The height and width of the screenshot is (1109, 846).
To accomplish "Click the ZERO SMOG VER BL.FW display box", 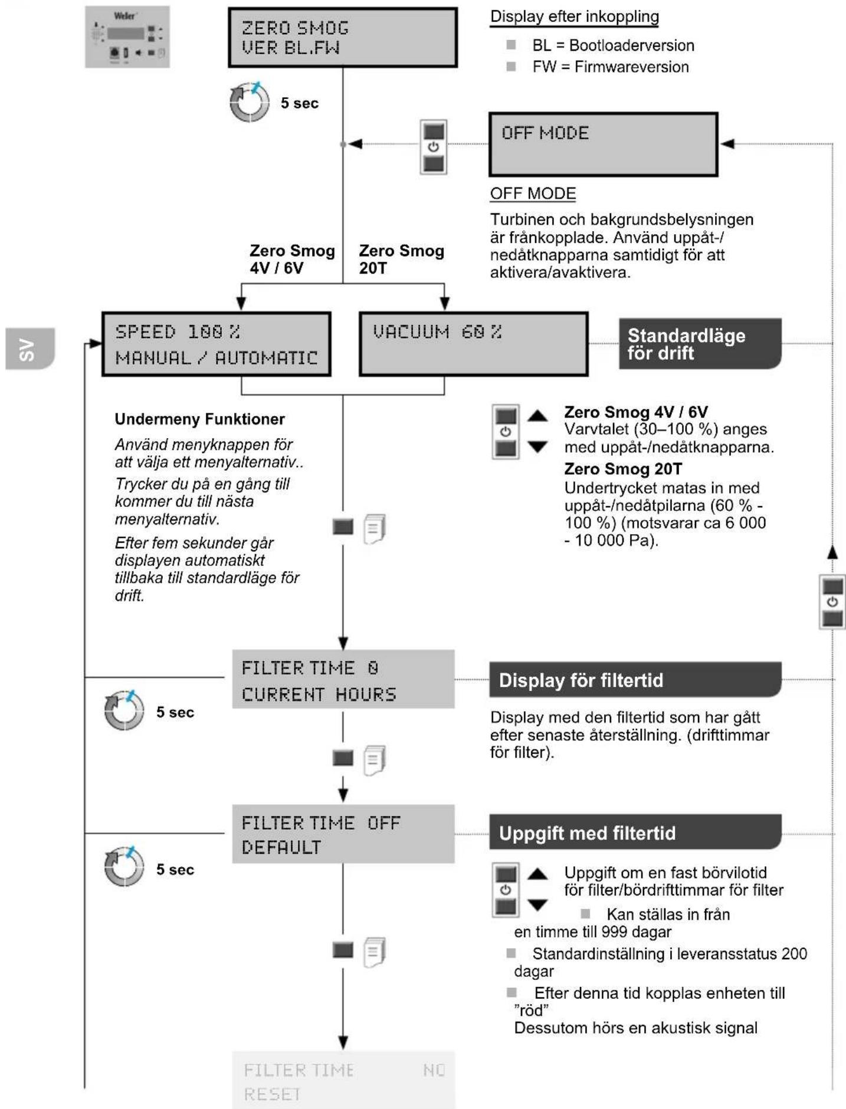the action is pyautogui.click(x=343, y=38).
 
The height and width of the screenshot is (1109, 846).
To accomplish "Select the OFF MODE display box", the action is pyautogui.click(x=604, y=144).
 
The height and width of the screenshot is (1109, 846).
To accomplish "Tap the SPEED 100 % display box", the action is pyautogui.click(x=217, y=344).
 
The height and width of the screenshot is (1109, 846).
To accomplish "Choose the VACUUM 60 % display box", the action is pyautogui.click(x=474, y=344).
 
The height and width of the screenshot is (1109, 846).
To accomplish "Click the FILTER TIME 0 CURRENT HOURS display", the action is pyautogui.click(x=343, y=679).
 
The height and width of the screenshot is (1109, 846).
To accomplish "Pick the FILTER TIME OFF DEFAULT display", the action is pyautogui.click(x=343, y=834).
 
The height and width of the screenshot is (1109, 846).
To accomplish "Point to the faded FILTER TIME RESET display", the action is pyautogui.click(x=343, y=1080).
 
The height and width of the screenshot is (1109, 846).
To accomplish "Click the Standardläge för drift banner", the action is pyautogui.click(x=700, y=344).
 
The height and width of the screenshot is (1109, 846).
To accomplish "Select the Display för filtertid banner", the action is pyautogui.click(x=635, y=680).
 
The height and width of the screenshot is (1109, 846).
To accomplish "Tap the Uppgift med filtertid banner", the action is pyautogui.click(x=635, y=832).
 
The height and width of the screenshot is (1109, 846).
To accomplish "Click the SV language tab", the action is pyautogui.click(x=30, y=349).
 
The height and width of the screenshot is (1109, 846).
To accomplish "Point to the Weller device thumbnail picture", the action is pyautogui.click(x=127, y=37).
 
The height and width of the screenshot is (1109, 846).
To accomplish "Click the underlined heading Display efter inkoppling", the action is pyautogui.click(x=575, y=17).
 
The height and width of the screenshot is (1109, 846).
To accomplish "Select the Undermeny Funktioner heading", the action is pyautogui.click(x=199, y=419).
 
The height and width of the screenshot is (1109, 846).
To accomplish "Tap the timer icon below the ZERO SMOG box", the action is pyautogui.click(x=250, y=102).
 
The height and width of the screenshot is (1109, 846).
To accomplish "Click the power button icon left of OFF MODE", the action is pyautogui.click(x=434, y=147).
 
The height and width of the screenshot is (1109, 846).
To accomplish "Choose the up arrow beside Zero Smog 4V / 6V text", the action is pyautogui.click(x=537, y=416).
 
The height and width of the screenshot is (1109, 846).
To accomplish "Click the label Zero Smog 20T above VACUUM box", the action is pyautogui.click(x=401, y=259).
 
